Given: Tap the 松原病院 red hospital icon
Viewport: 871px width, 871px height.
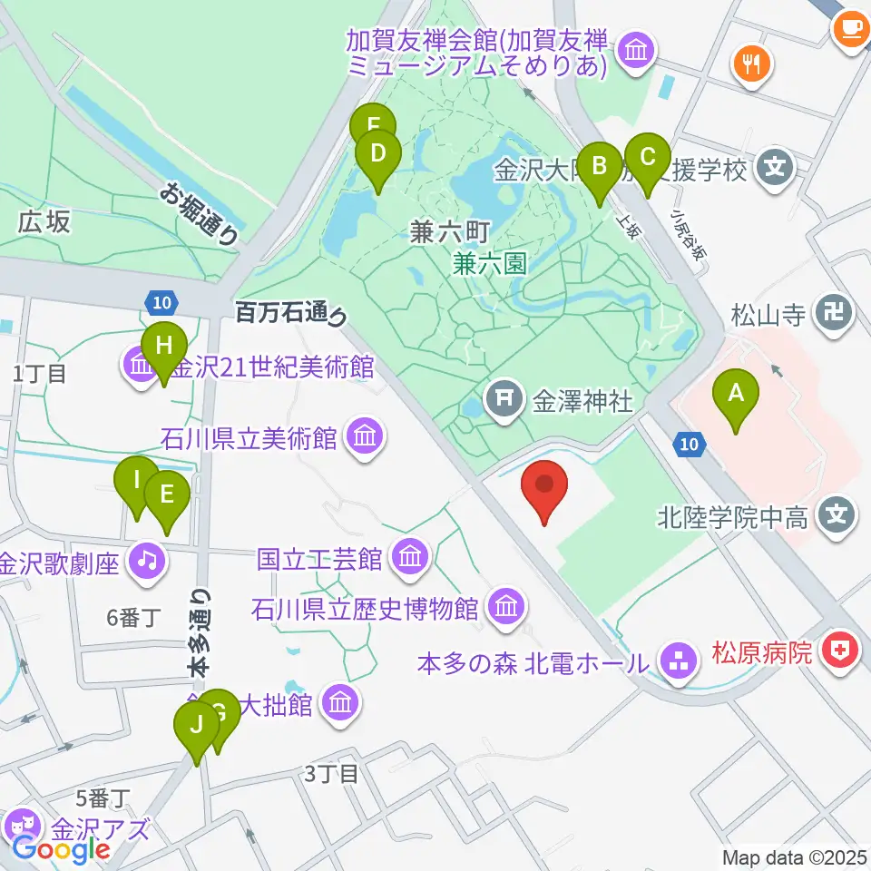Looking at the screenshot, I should coord(840,652).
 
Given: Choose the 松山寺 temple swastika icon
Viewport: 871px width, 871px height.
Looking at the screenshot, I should coord(834,316).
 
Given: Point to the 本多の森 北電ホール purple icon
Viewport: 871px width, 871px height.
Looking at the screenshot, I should coord(676,661).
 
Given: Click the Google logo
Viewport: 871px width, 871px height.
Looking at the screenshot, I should coord(60,849).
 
